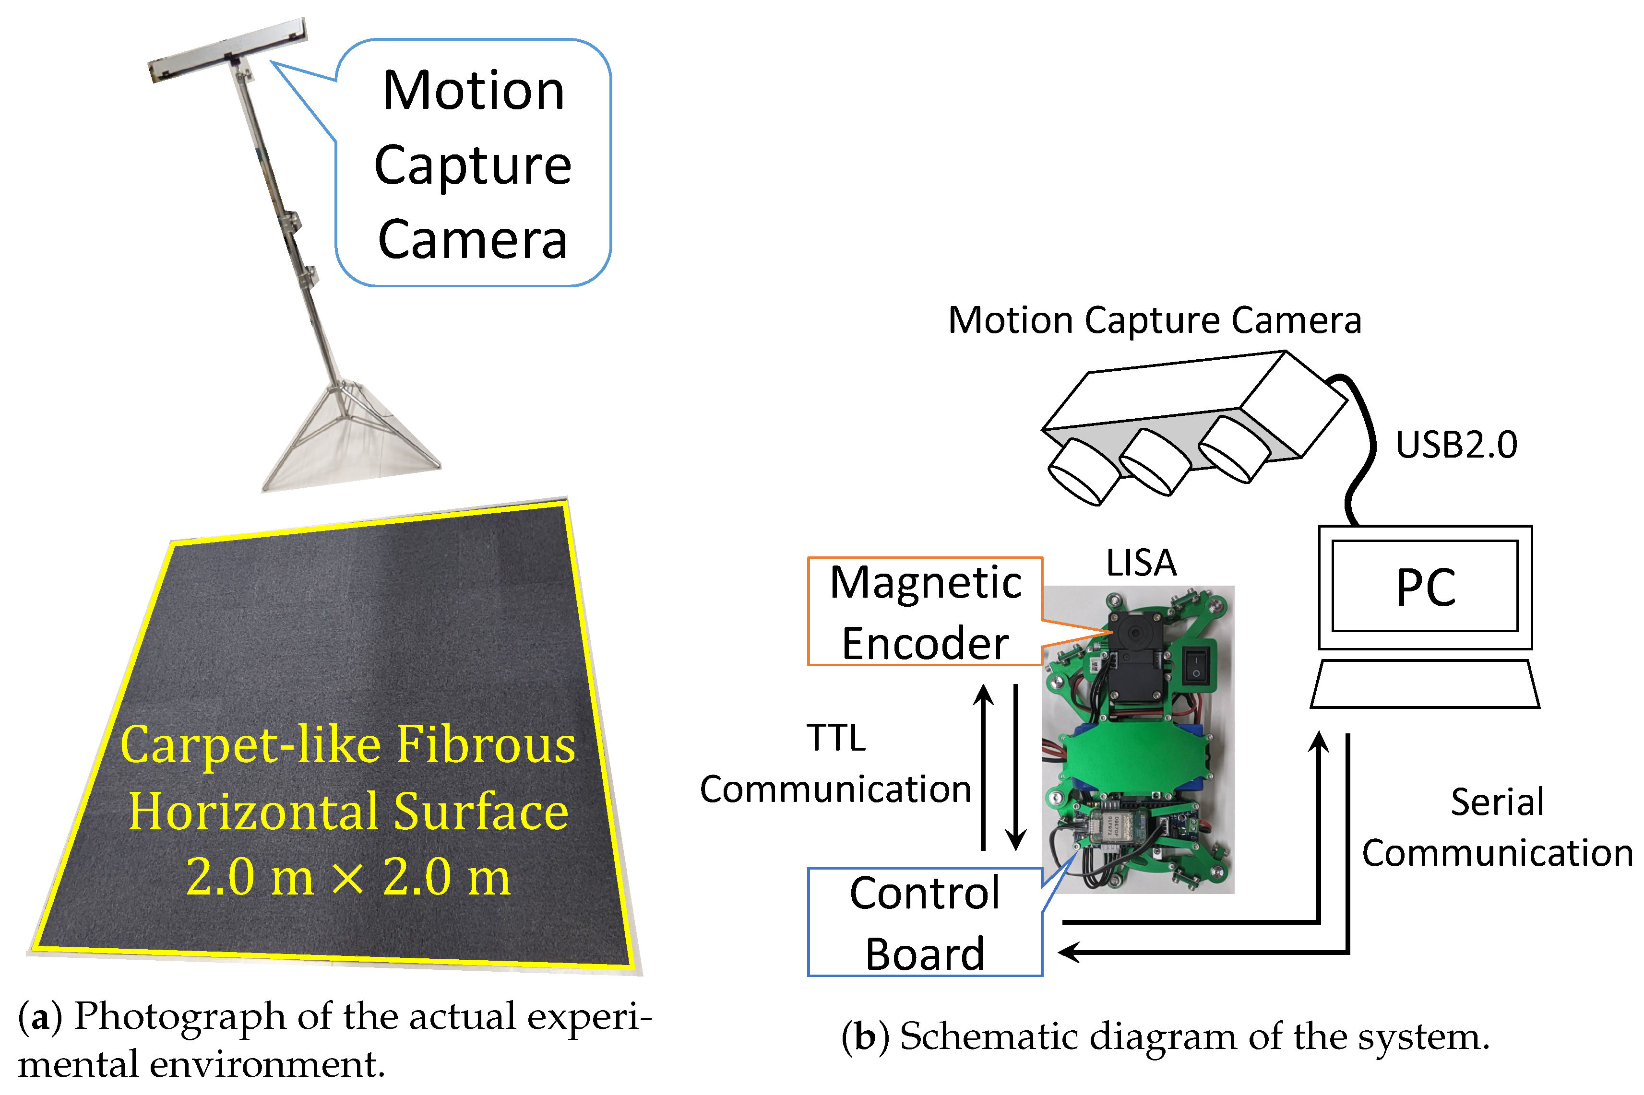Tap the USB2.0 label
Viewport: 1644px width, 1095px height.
1456,445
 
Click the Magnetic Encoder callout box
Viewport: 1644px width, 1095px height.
924,612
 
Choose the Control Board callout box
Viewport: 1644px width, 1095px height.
924,922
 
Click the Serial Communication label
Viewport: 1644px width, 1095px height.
1497,827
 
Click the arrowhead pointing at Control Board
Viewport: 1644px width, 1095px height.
1069,951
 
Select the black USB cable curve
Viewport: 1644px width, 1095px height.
1362,447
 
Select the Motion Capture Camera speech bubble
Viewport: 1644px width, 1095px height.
473,164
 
